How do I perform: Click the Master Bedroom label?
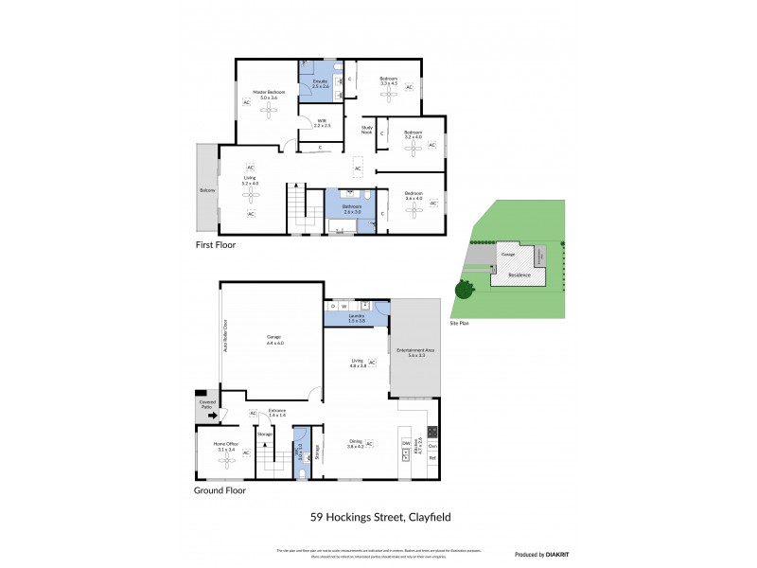(x=269, y=93)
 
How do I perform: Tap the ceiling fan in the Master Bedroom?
(x=271, y=110)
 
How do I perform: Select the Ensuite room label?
(x=320, y=83)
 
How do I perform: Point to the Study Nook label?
(x=367, y=129)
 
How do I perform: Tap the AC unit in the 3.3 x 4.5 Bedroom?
(x=410, y=87)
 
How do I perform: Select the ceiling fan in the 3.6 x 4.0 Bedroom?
(x=413, y=213)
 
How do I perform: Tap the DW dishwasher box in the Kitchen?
(x=406, y=443)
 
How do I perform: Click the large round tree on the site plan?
(x=464, y=290)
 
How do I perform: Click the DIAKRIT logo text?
(x=554, y=554)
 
